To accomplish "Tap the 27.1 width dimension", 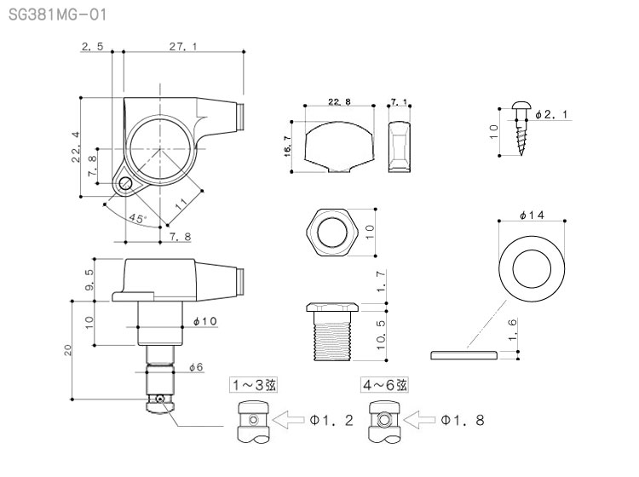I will [177, 47].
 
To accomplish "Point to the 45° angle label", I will [137, 218].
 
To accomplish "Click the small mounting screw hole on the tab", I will [126, 183].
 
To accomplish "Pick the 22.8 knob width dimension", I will [338, 101].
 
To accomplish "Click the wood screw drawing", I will [522, 129].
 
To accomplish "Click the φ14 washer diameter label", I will [532, 215].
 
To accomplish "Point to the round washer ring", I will [532, 264].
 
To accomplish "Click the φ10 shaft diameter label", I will [207, 322].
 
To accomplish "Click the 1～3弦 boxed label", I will [253, 385].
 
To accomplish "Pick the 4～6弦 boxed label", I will [384, 385].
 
